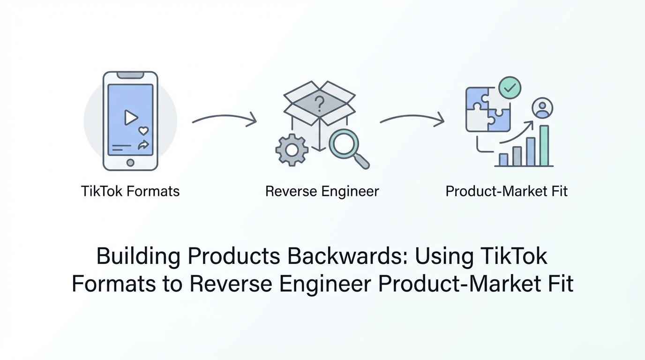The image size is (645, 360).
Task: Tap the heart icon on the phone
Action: tap(143, 131)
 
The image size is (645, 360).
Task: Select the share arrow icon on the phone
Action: tap(143, 145)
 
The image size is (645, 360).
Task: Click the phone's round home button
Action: tap(130, 163)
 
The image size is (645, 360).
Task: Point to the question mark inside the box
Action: tap(319, 103)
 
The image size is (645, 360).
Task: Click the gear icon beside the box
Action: tap(292, 150)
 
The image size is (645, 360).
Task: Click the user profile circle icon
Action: tap(542, 108)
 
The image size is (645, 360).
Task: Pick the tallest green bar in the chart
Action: tap(544, 145)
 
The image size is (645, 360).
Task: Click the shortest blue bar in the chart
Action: tap(503, 159)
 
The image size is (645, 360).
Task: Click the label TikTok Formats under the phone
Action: tap(130, 191)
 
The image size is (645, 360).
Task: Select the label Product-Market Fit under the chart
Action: tap(506, 191)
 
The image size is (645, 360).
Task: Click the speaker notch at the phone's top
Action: tap(130, 75)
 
